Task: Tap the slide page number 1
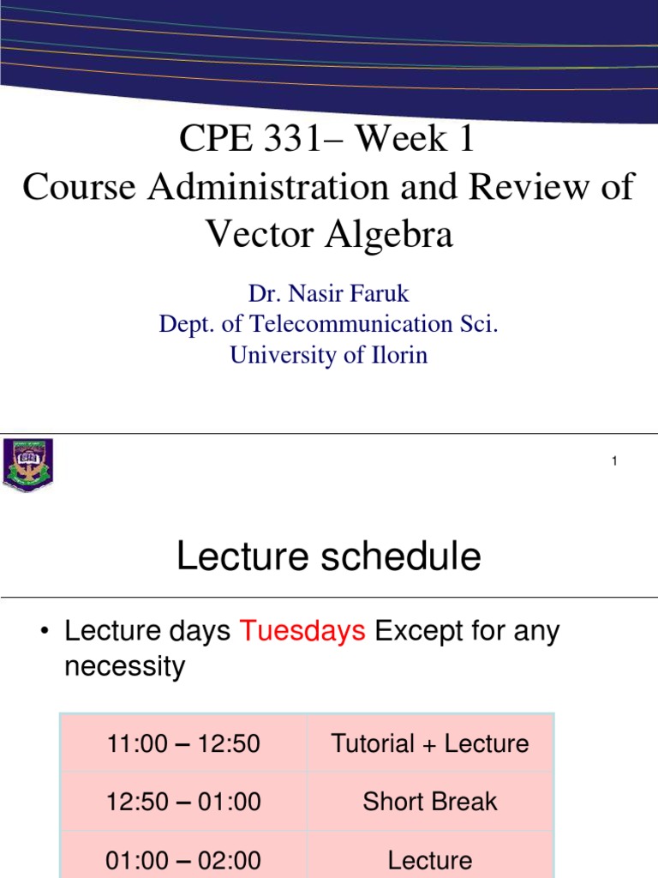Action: [614, 462]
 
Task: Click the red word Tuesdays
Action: [302, 631]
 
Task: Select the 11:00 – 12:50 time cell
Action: [183, 743]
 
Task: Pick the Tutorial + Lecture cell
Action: [430, 743]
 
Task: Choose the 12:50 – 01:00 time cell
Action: [183, 802]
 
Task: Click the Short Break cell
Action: [430, 802]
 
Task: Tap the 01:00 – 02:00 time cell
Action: [183, 859]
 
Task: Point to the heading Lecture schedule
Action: [328, 557]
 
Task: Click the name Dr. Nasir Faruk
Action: [329, 294]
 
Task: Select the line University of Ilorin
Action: [329, 355]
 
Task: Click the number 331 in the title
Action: [294, 139]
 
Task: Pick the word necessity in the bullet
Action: [125, 666]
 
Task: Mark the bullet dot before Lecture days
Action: [44, 633]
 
